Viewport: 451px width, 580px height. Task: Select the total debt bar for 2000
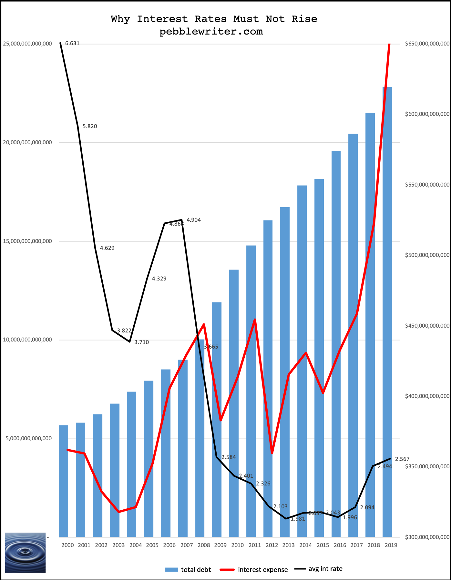(64, 481)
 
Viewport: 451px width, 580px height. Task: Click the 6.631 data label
(72, 44)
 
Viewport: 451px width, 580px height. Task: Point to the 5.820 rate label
(90, 126)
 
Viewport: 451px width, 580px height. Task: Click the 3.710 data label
(142, 342)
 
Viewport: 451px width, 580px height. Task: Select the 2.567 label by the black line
(402, 459)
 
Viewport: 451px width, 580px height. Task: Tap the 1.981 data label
(298, 519)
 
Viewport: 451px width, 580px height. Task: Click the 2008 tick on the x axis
(203, 545)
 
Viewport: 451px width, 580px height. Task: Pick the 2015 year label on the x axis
(323, 545)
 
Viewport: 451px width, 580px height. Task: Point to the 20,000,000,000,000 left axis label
(27, 142)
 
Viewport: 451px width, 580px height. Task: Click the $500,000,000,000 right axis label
(427, 255)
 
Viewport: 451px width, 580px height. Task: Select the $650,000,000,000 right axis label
(427, 44)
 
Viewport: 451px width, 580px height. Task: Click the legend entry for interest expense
(262, 570)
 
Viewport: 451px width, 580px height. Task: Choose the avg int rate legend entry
(325, 569)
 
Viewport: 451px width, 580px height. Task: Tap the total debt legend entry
(196, 570)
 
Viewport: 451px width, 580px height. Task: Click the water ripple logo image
(25, 553)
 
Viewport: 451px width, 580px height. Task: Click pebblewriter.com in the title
(211, 32)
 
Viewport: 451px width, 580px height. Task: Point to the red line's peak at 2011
(255, 320)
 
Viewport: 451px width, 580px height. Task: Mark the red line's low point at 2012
(272, 453)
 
